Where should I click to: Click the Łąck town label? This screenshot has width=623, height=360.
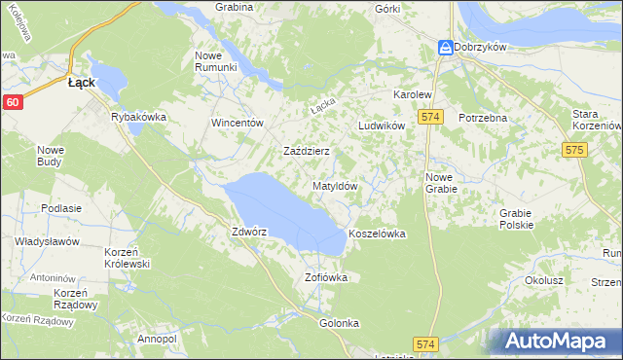click(81, 84)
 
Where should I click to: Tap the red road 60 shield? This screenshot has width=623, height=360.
click(12, 101)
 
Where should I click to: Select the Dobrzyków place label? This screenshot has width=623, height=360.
click(484, 46)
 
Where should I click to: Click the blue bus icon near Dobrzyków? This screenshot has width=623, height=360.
click(445, 46)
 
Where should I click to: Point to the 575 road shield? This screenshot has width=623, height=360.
click(572, 150)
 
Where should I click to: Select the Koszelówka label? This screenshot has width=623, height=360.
click(376, 234)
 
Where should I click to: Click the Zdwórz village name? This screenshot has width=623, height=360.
click(248, 233)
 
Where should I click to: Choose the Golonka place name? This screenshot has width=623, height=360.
click(340, 323)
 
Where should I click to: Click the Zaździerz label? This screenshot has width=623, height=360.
click(307, 152)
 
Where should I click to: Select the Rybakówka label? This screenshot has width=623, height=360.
click(139, 117)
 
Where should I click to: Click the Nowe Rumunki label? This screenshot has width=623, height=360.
click(216, 60)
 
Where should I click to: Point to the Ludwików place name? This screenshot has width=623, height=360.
click(381, 126)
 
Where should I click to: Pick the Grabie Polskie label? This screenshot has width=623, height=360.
click(516, 219)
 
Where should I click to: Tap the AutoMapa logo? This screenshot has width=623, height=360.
click(559, 342)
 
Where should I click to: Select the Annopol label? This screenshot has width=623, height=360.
click(157, 339)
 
